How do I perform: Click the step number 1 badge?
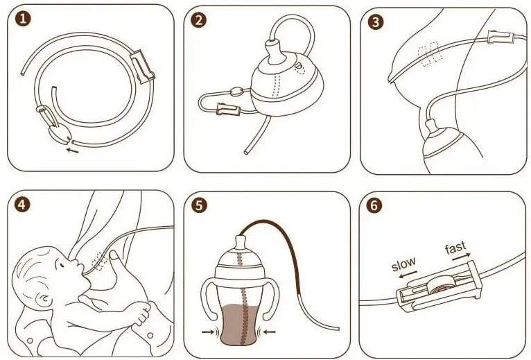[x=23, y=18]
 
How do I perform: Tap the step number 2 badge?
[x=198, y=20]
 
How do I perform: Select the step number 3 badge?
[x=375, y=22]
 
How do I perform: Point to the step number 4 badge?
[x=22, y=205]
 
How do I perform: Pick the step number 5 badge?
[x=199, y=206]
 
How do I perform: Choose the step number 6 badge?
[x=374, y=205]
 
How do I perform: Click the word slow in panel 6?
[x=403, y=264]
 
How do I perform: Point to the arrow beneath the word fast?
[x=461, y=257]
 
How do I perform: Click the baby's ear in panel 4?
[x=43, y=300]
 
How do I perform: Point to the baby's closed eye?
[x=61, y=266]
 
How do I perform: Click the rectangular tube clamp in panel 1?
[x=142, y=67]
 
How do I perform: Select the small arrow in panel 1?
[x=72, y=150]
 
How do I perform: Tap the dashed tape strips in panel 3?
[x=429, y=53]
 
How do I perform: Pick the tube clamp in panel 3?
[x=500, y=37]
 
